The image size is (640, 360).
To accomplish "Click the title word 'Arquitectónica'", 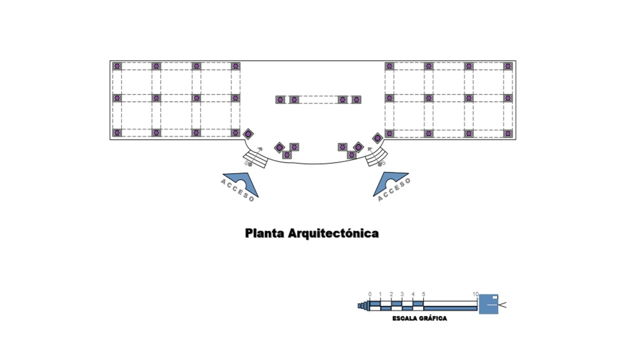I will click(x=333, y=233).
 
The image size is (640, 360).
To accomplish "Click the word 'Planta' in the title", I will click(x=264, y=233).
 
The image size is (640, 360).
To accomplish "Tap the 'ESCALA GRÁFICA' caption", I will click(x=419, y=318).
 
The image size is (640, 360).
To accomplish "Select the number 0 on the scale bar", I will click(x=370, y=294).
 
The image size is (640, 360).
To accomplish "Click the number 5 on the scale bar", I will click(x=423, y=294).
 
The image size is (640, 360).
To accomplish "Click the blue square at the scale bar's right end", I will click(x=488, y=304).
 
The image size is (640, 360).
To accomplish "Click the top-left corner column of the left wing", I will click(x=117, y=66).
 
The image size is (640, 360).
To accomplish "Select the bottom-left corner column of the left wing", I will click(x=117, y=133).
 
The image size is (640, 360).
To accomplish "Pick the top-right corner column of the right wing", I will click(x=508, y=66).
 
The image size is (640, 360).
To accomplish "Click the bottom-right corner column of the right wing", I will click(x=508, y=133).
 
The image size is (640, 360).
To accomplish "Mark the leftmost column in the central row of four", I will click(x=280, y=100).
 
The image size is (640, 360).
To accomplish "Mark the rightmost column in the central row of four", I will click(x=356, y=100).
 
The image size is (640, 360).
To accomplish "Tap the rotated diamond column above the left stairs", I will click(x=248, y=134).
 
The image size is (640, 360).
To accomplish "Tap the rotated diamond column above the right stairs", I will click(x=377, y=137).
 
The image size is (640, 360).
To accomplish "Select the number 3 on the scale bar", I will click(x=402, y=294).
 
